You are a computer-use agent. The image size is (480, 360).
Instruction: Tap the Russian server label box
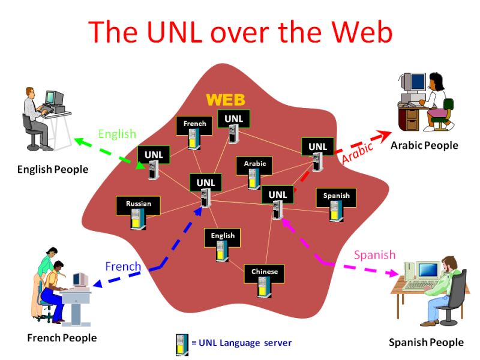138,204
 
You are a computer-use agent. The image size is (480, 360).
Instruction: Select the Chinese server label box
264,272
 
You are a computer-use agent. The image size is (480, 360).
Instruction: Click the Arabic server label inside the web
254,163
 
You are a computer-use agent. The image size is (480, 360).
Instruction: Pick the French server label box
194,124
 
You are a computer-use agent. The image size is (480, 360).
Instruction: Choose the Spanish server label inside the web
336,196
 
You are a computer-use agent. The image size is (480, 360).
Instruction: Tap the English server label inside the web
223,236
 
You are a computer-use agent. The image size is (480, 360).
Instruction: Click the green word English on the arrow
117,134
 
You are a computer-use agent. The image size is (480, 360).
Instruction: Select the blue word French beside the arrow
123,266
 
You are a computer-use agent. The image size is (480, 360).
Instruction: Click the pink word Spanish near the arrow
374,255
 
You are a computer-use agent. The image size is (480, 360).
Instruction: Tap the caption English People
52,169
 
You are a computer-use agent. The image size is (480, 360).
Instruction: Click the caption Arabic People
424,145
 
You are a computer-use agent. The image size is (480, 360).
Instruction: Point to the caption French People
62,338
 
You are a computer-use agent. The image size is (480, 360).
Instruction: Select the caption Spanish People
426,343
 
